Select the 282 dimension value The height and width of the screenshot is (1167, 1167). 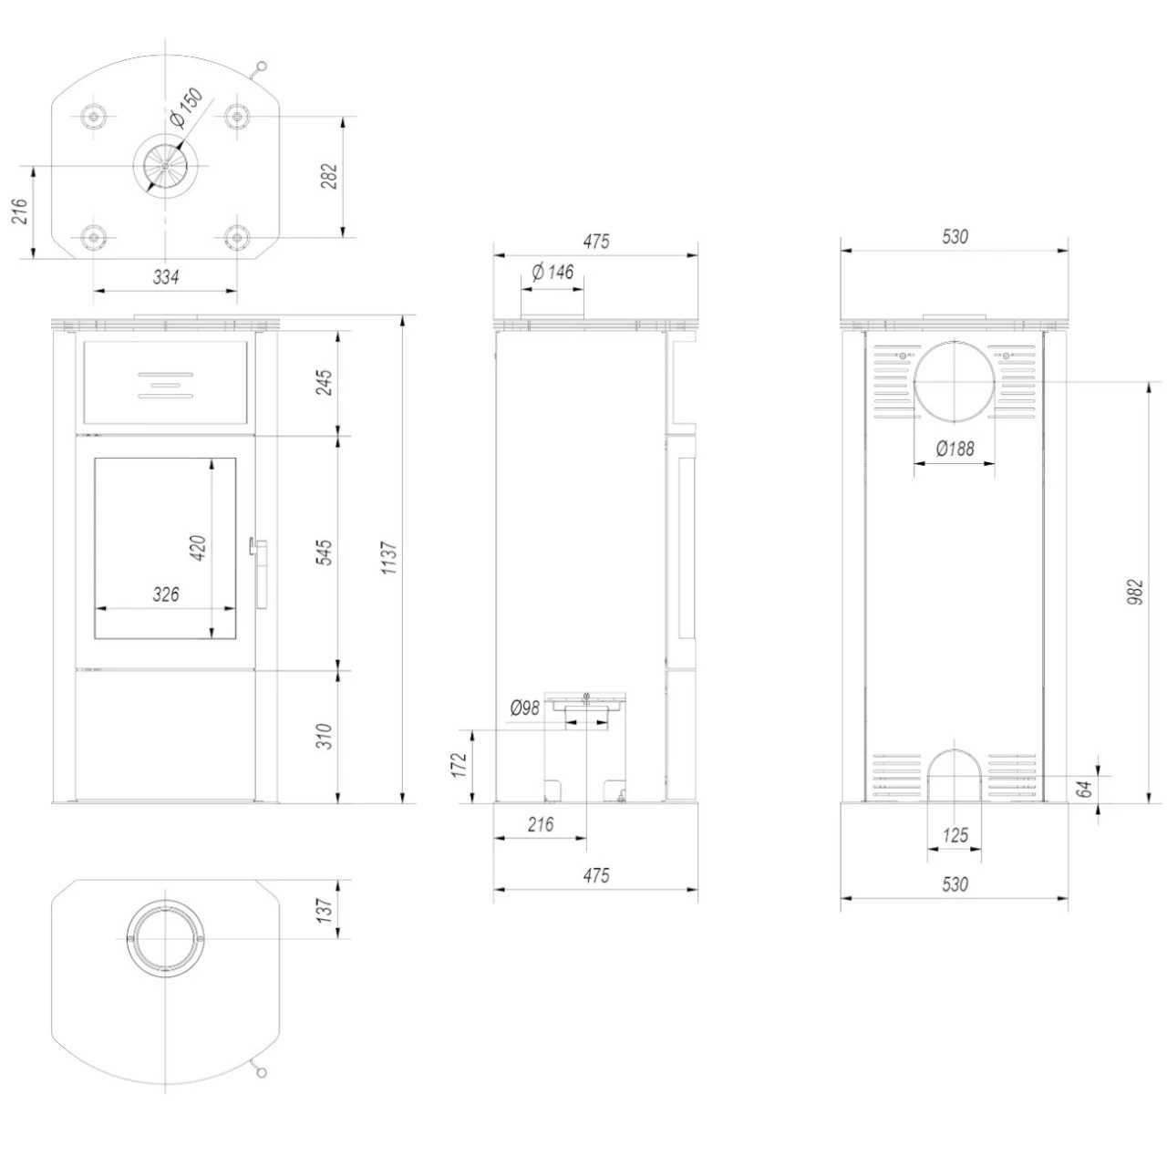(329, 176)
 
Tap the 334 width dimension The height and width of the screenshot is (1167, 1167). (165, 277)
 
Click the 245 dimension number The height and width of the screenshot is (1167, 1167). (325, 382)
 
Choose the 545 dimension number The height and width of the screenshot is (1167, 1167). (325, 553)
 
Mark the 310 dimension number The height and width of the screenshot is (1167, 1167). (325, 736)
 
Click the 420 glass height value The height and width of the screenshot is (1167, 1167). (198, 547)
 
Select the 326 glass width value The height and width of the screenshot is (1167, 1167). (165, 594)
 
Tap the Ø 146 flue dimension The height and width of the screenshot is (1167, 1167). (552, 272)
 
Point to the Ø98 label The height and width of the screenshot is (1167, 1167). (525, 707)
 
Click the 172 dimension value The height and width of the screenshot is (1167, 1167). (460, 764)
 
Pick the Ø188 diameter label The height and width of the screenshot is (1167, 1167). (955, 449)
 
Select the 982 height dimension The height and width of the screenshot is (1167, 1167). (1134, 594)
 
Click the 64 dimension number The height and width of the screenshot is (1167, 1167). (1084, 790)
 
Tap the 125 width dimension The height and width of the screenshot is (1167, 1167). (955, 835)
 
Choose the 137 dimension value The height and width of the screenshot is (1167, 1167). (325, 908)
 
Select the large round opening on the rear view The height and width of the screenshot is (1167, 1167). (955, 383)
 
